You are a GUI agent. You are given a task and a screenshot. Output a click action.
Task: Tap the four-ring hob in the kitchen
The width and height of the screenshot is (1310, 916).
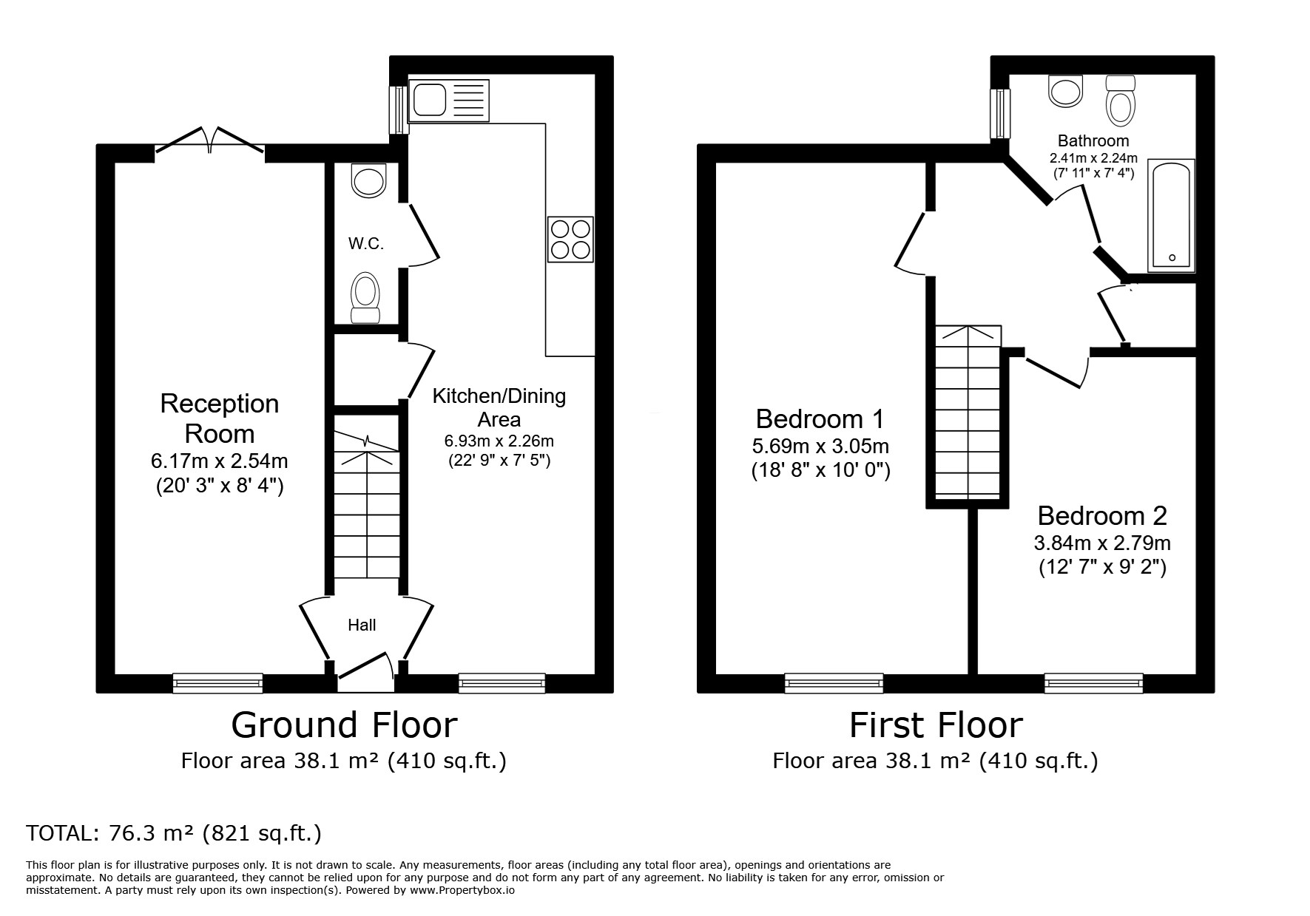[x=570, y=240]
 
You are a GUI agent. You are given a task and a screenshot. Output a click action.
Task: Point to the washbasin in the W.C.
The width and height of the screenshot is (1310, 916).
[x=369, y=180]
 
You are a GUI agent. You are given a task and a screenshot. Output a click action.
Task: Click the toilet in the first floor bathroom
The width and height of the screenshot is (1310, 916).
[x=1121, y=101]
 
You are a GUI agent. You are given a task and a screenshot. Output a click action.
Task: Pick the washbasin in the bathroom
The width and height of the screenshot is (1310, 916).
[x=1066, y=90]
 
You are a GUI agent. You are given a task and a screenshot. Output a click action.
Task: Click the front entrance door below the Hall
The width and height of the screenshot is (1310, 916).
[x=366, y=672]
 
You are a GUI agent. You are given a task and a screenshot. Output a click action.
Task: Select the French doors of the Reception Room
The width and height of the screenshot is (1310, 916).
[x=210, y=142]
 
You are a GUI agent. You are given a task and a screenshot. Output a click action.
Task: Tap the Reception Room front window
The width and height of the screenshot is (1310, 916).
[x=217, y=683]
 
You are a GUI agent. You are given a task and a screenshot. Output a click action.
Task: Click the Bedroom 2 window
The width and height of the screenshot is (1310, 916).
[x=1093, y=683]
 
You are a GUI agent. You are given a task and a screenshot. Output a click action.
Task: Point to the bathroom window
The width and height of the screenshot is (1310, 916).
[x=1001, y=112]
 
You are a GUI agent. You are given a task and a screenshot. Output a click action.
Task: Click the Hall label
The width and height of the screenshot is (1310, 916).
[x=362, y=625]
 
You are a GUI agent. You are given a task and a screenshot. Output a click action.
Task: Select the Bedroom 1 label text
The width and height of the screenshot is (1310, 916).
[x=820, y=419]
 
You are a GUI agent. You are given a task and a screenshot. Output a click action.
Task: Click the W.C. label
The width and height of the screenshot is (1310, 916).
[x=366, y=244]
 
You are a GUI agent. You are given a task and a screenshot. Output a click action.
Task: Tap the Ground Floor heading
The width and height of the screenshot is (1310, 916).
[x=344, y=725]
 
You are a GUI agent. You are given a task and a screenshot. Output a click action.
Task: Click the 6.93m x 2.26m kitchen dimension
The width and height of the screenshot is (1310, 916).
[x=499, y=441]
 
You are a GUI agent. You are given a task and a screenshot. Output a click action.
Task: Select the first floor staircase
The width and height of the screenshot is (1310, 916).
[x=968, y=413]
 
